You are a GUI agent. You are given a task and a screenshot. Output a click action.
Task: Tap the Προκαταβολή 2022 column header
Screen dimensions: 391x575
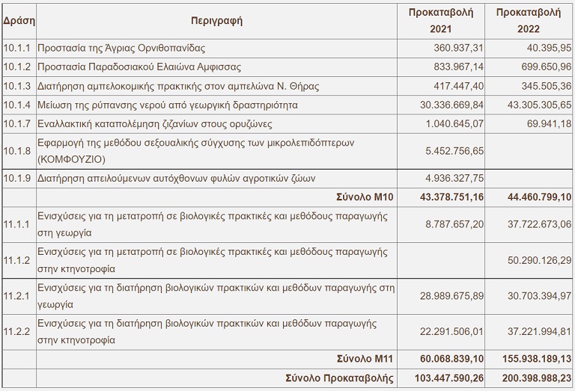529,21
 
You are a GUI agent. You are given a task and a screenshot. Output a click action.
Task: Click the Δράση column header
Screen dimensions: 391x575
17,21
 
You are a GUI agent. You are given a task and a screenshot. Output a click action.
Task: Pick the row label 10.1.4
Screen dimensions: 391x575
17,105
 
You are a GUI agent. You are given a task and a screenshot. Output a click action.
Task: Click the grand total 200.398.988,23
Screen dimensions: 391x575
529,376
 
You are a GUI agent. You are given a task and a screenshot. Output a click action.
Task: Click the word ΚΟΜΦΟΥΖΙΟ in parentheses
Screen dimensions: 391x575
69,159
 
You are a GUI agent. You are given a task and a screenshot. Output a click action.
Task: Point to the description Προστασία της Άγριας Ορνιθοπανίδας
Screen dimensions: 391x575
121,47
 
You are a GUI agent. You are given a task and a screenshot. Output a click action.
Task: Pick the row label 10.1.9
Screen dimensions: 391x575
17,178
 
